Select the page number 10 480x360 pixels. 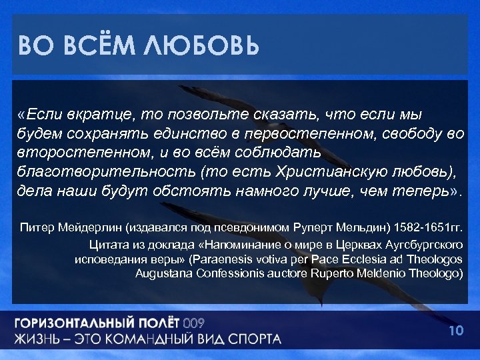pos(456,331)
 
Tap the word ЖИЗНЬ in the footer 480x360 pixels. pos(41,339)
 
